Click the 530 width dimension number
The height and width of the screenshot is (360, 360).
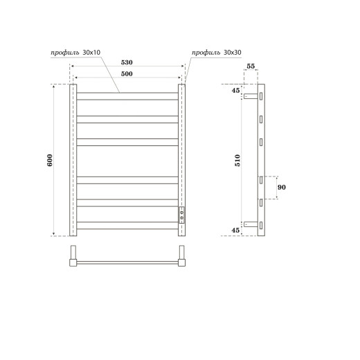coord(127,62)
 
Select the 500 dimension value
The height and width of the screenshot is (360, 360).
coord(127,73)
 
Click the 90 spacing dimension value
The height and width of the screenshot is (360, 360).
coord(281,188)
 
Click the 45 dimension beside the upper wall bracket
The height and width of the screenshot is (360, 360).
coord(235,89)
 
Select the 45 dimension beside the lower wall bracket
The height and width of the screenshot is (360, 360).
coord(235,231)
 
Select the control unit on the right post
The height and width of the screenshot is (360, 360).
coord(182,214)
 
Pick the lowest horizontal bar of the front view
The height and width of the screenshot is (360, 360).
coord(127,225)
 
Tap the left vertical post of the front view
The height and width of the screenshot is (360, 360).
coord(73,161)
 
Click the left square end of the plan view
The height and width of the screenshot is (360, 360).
coord(73,262)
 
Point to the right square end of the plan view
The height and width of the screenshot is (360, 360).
coord(183,262)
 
